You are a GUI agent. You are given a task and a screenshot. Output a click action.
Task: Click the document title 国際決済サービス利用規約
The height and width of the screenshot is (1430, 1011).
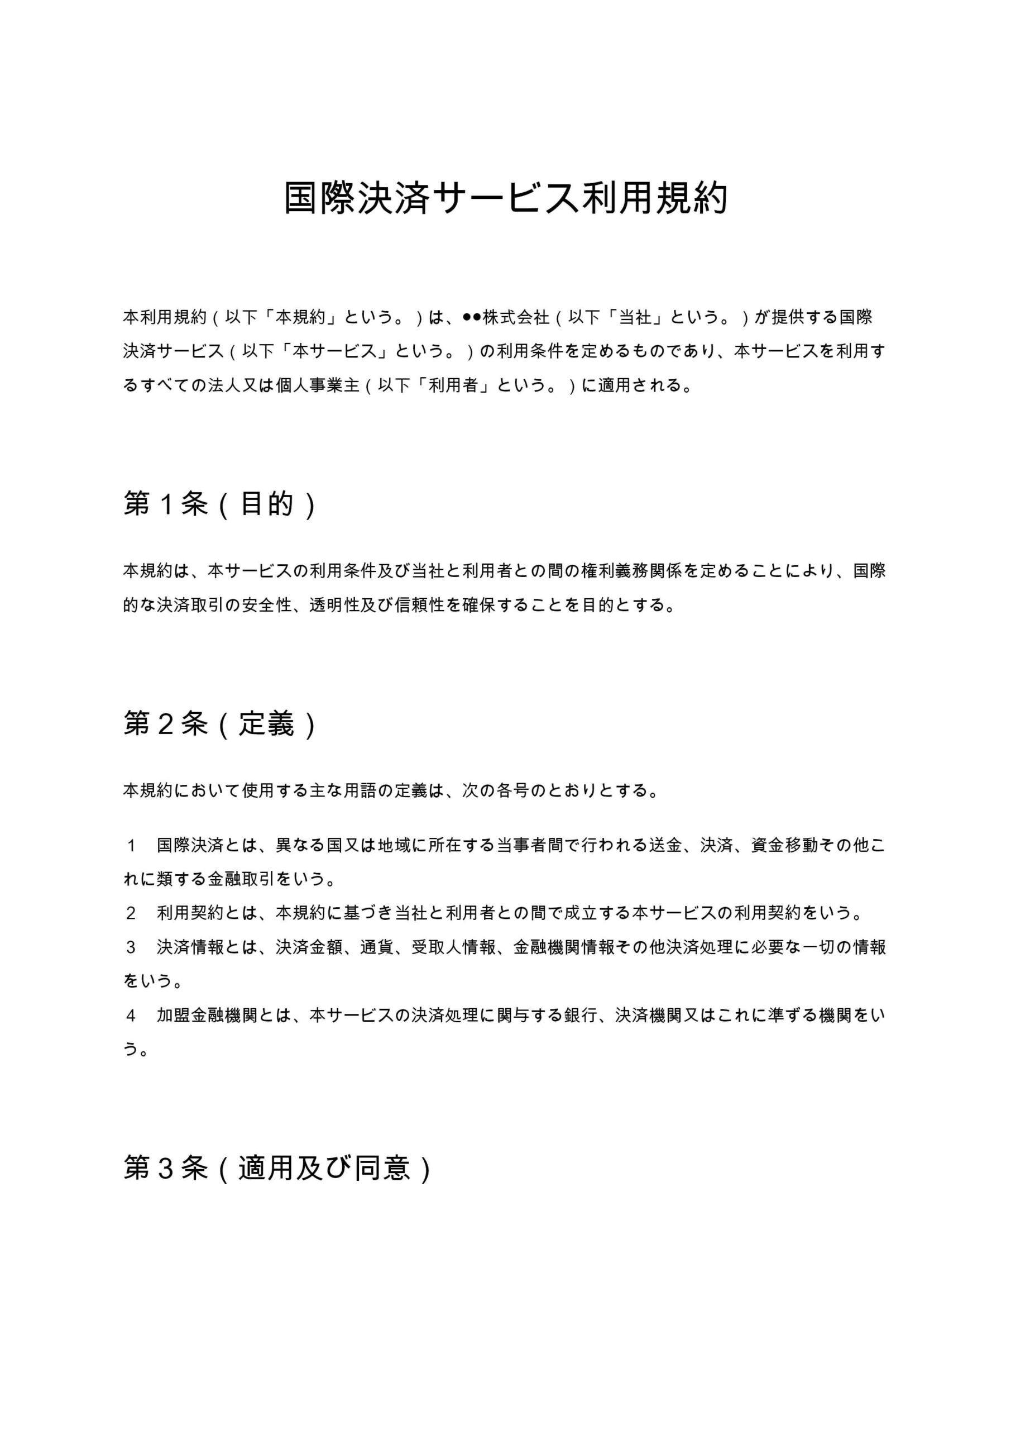point(506,199)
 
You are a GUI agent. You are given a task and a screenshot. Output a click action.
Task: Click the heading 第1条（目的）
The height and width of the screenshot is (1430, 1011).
point(220,504)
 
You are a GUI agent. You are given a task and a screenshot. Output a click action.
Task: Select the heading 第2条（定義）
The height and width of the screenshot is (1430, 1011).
point(220,724)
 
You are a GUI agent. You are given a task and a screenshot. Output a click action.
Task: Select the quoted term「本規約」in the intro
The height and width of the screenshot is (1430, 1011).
point(301,318)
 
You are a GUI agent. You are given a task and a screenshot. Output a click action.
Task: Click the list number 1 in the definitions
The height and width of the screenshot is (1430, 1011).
point(131,846)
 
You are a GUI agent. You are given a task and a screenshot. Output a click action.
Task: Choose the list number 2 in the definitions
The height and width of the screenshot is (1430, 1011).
point(131,914)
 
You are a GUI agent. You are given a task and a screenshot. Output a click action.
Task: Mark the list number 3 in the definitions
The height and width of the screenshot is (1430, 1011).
point(131,947)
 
